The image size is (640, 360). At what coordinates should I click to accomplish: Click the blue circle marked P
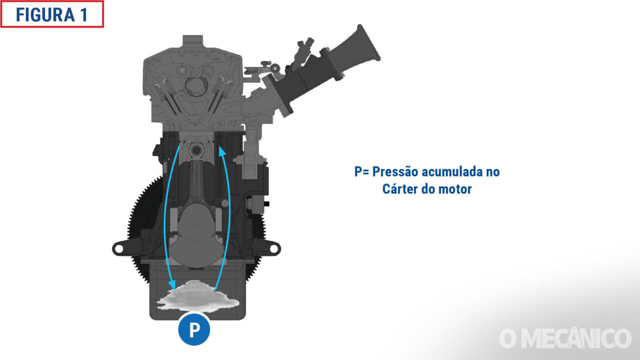194,329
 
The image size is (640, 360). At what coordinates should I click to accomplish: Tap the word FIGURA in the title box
45,15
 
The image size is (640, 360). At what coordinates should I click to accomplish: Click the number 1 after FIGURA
84,15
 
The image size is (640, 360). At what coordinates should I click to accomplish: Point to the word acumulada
451,171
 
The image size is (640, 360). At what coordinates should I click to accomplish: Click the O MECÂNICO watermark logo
565,338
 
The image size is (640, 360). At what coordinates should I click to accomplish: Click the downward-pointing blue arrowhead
172,284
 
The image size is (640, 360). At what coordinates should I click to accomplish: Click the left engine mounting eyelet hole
119,249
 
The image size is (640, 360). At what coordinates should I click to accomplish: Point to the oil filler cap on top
193,41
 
